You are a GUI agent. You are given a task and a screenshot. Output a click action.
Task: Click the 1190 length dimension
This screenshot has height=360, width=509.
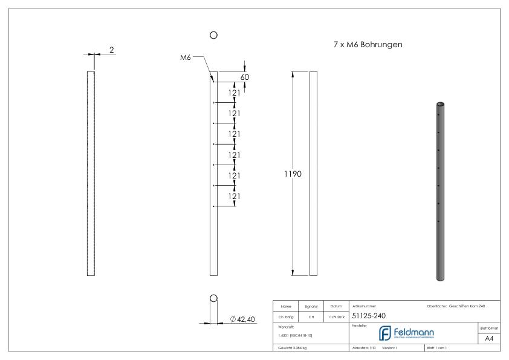293,174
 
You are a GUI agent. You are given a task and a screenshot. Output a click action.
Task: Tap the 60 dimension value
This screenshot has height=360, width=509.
244,77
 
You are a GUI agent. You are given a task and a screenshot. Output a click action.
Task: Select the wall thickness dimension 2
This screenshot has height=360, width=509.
112,50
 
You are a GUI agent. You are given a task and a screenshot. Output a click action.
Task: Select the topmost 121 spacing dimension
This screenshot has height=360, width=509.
235,93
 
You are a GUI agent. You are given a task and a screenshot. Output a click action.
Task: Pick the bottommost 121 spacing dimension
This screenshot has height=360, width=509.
235,196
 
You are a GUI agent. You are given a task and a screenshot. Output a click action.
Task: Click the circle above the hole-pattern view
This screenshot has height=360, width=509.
213,36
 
